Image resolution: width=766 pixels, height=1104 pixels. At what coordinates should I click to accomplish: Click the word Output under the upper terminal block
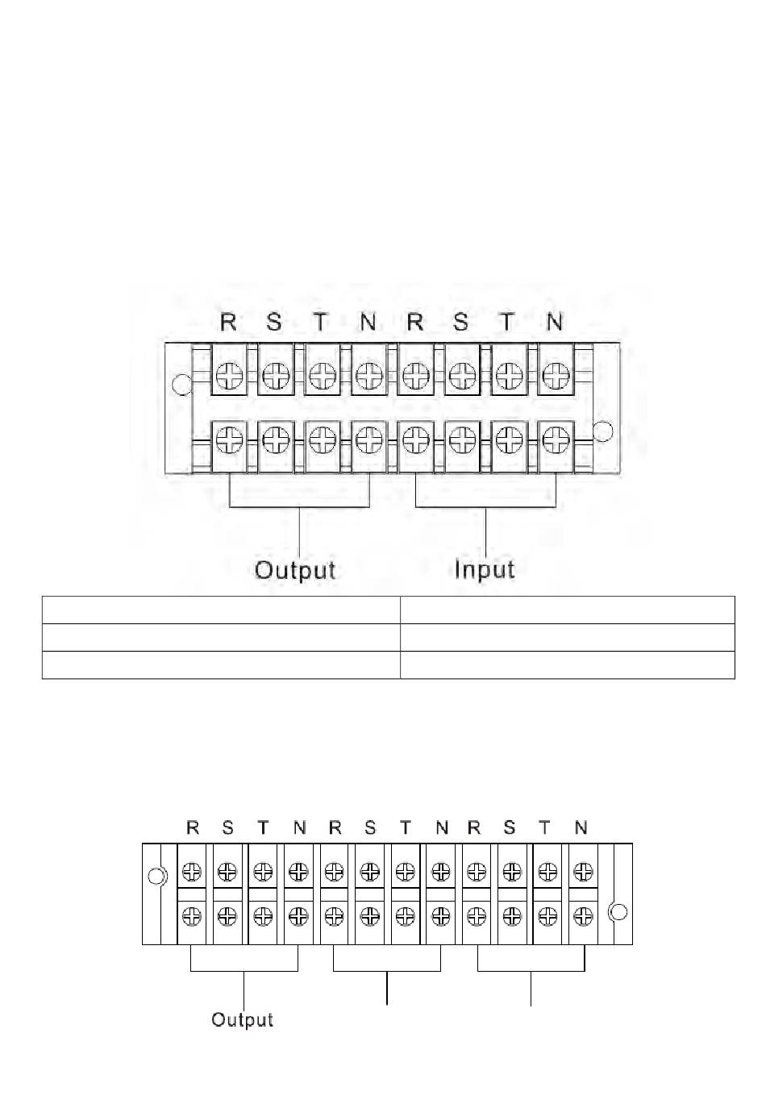294,570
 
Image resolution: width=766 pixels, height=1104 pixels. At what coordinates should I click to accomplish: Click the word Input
484,569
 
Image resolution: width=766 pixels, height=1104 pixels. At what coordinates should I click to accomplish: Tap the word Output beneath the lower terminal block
242,1020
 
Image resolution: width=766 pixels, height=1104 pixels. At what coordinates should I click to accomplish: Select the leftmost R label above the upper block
228,323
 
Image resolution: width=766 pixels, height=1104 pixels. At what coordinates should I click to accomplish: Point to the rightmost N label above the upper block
554,323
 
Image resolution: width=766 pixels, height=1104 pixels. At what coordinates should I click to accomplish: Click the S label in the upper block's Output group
274,323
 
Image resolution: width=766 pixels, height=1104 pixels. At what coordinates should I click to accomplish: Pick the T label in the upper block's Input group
506,323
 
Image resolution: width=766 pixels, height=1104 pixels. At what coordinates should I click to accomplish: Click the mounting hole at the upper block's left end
183,385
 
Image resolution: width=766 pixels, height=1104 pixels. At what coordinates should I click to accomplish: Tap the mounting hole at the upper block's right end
602,431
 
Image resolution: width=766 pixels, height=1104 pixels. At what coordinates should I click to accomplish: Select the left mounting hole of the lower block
156,876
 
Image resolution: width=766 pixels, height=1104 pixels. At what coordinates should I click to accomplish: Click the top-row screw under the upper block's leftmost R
230,376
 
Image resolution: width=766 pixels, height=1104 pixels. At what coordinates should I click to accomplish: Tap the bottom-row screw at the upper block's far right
555,440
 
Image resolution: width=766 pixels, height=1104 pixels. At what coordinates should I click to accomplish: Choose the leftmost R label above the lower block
193,827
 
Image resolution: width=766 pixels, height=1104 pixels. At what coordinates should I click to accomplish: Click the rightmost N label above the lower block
581,827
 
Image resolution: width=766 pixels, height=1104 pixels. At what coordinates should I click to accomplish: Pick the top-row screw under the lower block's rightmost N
583,872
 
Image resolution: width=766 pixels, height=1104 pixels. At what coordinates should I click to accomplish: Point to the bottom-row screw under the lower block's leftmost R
192,916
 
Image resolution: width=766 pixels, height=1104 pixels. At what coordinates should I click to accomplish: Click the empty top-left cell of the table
221,610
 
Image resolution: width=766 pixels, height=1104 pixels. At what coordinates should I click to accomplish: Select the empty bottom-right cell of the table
568,665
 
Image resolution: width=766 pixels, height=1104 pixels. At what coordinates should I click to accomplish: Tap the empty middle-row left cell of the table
221,637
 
